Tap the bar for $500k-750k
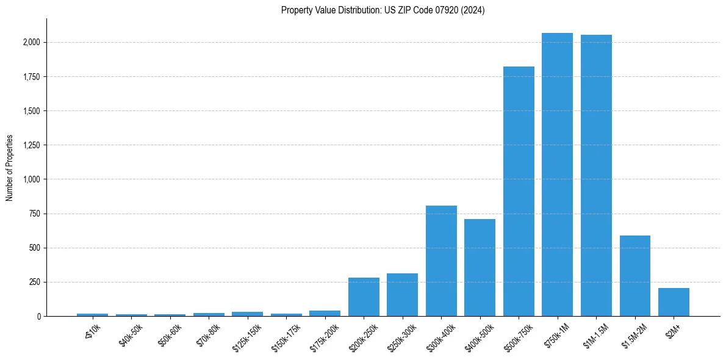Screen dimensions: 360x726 click(x=519, y=192)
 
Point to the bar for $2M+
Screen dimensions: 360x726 click(x=674, y=302)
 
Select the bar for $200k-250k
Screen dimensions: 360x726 click(x=364, y=297)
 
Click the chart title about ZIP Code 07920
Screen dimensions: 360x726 click(x=383, y=10)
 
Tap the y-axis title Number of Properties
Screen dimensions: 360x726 click(x=10, y=168)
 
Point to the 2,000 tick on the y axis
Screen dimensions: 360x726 click(x=31, y=42)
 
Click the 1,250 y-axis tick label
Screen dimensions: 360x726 click(x=31, y=145)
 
